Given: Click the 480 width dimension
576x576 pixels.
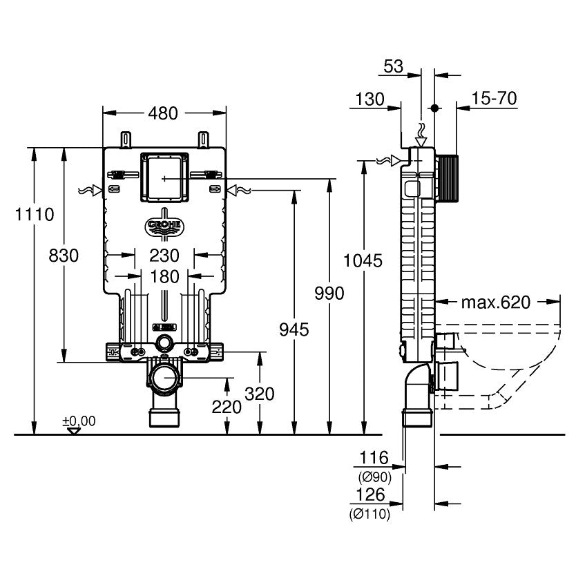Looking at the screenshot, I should pyautogui.click(x=164, y=113).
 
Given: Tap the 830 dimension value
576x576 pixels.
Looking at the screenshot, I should pyautogui.click(x=64, y=256).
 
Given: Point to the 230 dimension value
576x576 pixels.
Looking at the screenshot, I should pyautogui.click(x=164, y=256).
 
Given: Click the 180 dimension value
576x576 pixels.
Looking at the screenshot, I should pyautogui.click(x=164, y=277).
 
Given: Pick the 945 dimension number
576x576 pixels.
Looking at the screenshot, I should pyautogui.click(x=295, y=329).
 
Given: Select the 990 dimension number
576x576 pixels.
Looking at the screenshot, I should pyautogui.click(x=329, y=294).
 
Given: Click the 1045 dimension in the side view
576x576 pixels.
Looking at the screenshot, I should pyautogui.click(x=363, y=260).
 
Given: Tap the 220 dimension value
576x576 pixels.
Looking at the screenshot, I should pyautogui.click(x=227, y=407).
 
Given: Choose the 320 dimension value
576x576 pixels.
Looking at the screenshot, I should pyautogui.click(x=260, y=394).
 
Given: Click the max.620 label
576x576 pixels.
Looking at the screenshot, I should pyautogui.click(x=495, y=302).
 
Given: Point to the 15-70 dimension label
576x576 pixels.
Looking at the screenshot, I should pyautogui.click(x=495, y=99).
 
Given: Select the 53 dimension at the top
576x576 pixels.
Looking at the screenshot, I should pyautogui.click(x=393, y=66).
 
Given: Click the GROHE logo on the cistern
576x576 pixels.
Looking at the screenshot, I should pyautogui.click(x=164, y=227).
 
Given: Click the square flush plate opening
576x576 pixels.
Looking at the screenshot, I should pyautogui.click(x=164, y=177).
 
